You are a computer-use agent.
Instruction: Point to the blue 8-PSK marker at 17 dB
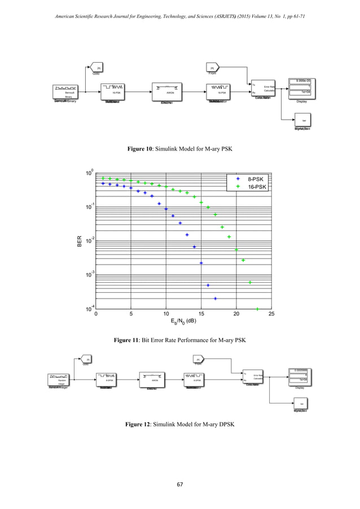215,299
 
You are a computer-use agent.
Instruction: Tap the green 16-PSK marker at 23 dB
257,309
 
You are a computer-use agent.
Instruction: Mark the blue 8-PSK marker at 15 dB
201,263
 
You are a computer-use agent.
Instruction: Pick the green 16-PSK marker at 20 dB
236,249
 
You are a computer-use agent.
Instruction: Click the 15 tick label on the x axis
201,314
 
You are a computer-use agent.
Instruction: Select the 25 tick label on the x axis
271,314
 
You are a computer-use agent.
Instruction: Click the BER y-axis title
80,241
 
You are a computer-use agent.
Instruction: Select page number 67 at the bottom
180,484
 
